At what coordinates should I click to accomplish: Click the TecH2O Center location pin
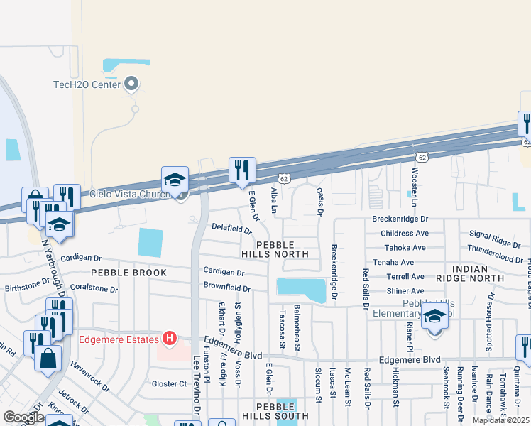pos(131,85)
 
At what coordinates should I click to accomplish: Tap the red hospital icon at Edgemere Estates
pos(169,339)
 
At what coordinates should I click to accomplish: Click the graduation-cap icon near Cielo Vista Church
pos(175,180)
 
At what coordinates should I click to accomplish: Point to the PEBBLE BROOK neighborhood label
pos(128,273)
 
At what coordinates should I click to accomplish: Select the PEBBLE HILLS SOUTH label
pos(283,410)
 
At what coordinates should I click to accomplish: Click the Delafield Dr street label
pos(231,229)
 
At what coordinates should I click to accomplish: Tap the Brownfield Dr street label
pos(227,289)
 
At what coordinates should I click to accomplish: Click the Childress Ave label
pos(405,233)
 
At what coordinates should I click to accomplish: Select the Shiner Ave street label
pos(405,291)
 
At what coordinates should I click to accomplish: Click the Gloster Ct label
pos(169,383)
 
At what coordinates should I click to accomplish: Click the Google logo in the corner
pos(23,417)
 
